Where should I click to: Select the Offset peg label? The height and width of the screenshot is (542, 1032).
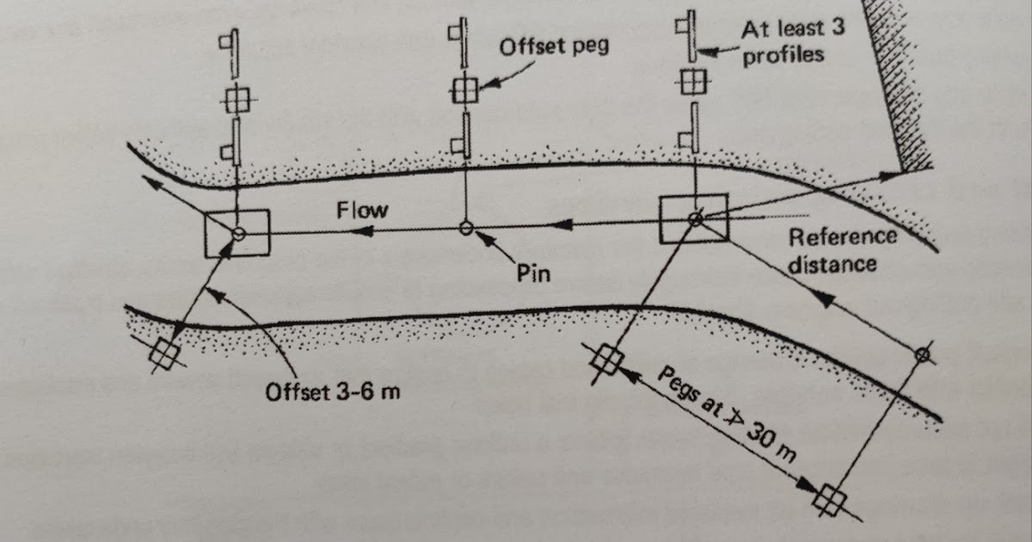coord(554,45)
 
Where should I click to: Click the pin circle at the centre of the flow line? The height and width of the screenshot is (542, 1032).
coord(466,228)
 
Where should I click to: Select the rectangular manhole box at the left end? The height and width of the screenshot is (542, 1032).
coord(236,233)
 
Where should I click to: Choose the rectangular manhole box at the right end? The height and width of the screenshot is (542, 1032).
coord(693,218)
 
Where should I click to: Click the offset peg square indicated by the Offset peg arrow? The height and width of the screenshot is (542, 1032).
coord(464,89)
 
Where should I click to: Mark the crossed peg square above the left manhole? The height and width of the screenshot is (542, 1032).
coord(235,100)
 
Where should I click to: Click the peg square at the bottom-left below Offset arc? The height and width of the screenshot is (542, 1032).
coord(162,353)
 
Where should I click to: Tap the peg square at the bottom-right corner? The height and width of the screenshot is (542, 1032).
coord(830,497)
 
